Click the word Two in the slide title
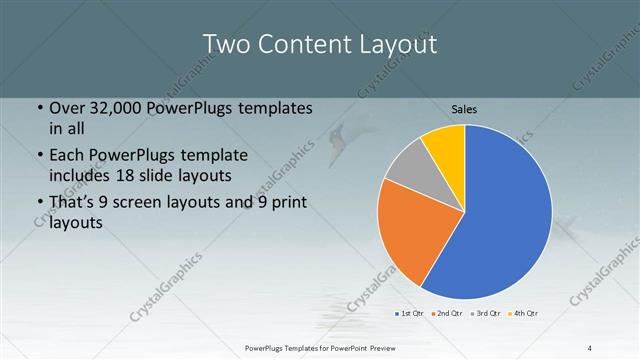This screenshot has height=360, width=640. point(229,45)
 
